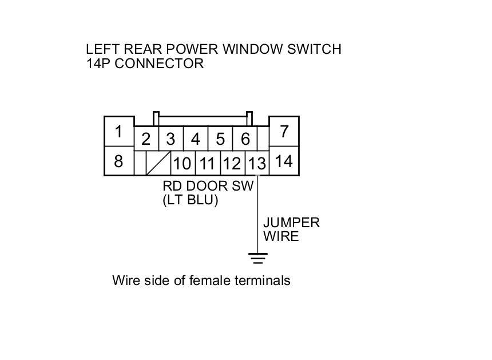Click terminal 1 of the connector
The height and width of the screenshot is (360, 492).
118,132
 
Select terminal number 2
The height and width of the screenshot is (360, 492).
146,139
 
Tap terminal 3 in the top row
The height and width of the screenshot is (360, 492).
170,139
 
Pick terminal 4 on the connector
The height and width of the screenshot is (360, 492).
196,139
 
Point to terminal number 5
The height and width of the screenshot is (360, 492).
220,139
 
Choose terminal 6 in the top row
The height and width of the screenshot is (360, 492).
245,139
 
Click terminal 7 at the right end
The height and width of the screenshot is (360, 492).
284,132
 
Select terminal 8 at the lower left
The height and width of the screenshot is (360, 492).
118,161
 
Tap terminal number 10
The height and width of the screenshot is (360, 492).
182,164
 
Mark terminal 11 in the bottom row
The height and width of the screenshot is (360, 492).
207,164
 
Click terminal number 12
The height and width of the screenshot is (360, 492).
232,164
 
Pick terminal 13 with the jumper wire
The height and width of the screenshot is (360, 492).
257,164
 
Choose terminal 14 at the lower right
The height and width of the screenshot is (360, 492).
284,161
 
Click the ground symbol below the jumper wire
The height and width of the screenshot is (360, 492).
259,259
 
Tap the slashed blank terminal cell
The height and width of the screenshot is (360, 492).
158,164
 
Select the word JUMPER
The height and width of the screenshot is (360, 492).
291,222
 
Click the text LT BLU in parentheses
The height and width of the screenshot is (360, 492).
191,200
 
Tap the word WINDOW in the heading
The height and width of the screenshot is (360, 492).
248,49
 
